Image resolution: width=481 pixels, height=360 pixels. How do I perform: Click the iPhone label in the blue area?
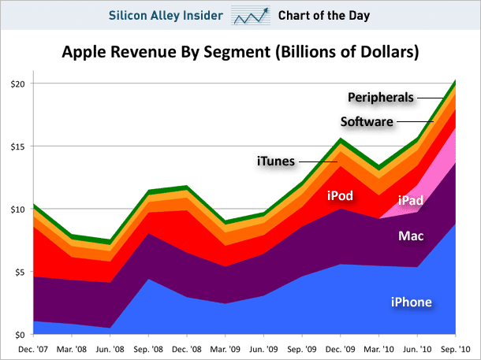[412, 302]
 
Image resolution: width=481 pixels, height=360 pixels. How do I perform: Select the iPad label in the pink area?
[414, 201]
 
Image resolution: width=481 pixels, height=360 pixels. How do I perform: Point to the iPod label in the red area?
[340, 195]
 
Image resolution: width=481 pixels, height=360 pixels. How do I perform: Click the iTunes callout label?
[276, 161]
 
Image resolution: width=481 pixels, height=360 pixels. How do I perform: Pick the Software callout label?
[367, 121]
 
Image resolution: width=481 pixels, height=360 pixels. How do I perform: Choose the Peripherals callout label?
[381, 98]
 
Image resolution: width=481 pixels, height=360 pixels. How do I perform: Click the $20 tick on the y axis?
[18, 84]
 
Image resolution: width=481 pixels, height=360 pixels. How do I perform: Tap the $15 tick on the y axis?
[18, 147]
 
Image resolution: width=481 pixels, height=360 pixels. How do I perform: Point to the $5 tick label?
[21, 273]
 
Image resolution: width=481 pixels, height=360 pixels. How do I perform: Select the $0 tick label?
[21, 335]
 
